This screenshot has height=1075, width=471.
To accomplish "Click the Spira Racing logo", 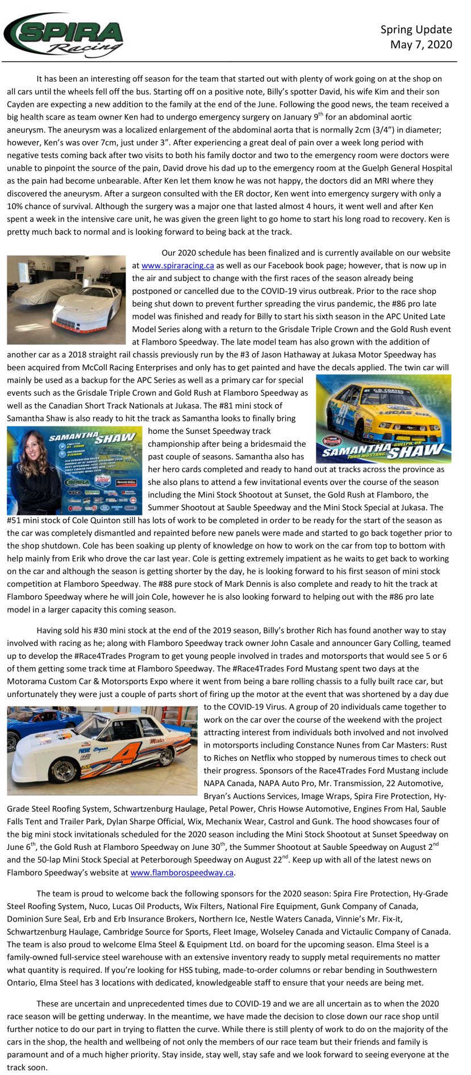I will [x=64, y=36].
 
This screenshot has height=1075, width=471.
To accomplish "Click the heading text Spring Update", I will [x=416, y=30].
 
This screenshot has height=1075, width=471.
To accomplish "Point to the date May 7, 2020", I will [x=421, y=44].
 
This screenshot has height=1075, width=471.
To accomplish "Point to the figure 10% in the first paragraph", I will [x=16, y=206].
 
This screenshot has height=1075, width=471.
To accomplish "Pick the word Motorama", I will [x=27, y=682].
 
